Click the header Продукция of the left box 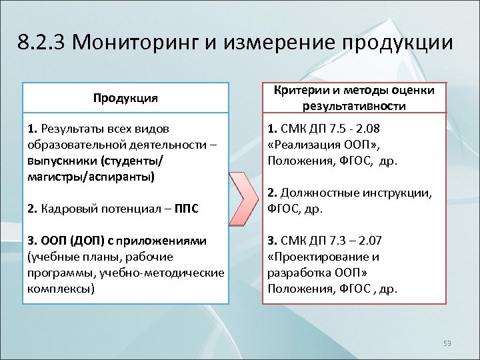(126, 98)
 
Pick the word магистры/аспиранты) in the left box (90, 177)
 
